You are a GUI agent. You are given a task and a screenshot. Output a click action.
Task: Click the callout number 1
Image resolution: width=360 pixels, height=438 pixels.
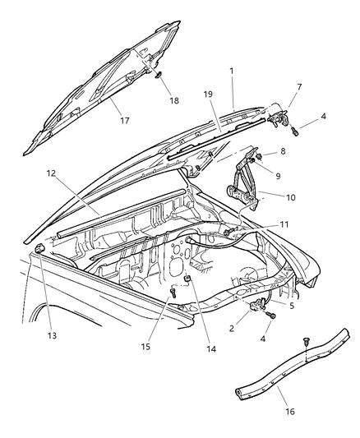pos(233,71)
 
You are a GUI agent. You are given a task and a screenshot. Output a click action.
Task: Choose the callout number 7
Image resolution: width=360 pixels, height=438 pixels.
pos(298,88)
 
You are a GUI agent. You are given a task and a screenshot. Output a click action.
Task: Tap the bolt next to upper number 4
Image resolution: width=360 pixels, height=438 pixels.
pos(294,129)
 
